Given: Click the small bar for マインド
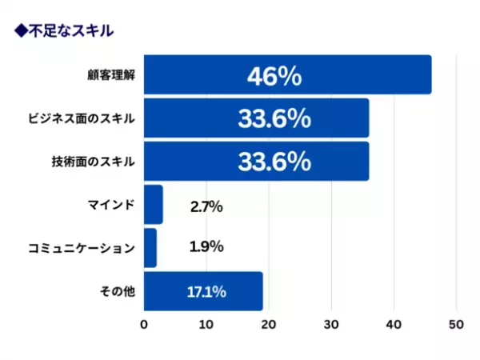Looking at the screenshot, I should pos(153,205).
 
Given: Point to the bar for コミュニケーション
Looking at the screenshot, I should pos(150,248).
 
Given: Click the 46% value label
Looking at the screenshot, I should pos(274,76).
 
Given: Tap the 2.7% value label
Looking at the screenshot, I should pos(206,207).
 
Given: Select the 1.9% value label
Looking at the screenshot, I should pos(206,247).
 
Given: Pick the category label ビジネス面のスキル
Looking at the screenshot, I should pos(82,119).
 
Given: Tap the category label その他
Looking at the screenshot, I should pos(118,292).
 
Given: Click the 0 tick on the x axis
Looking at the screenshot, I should pos(144,325).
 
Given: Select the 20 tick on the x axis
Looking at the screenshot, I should pos(269,325).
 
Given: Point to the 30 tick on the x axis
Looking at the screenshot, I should pos(331,325).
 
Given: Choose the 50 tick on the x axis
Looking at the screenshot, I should pos(456,325).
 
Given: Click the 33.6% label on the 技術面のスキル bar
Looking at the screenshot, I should pos(274,162).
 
